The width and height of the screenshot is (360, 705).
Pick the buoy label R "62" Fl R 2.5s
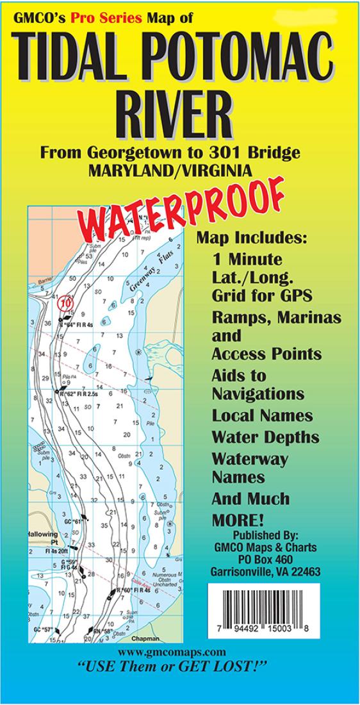(x=78, y=394)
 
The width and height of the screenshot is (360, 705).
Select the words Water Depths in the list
(x=265, y=437)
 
